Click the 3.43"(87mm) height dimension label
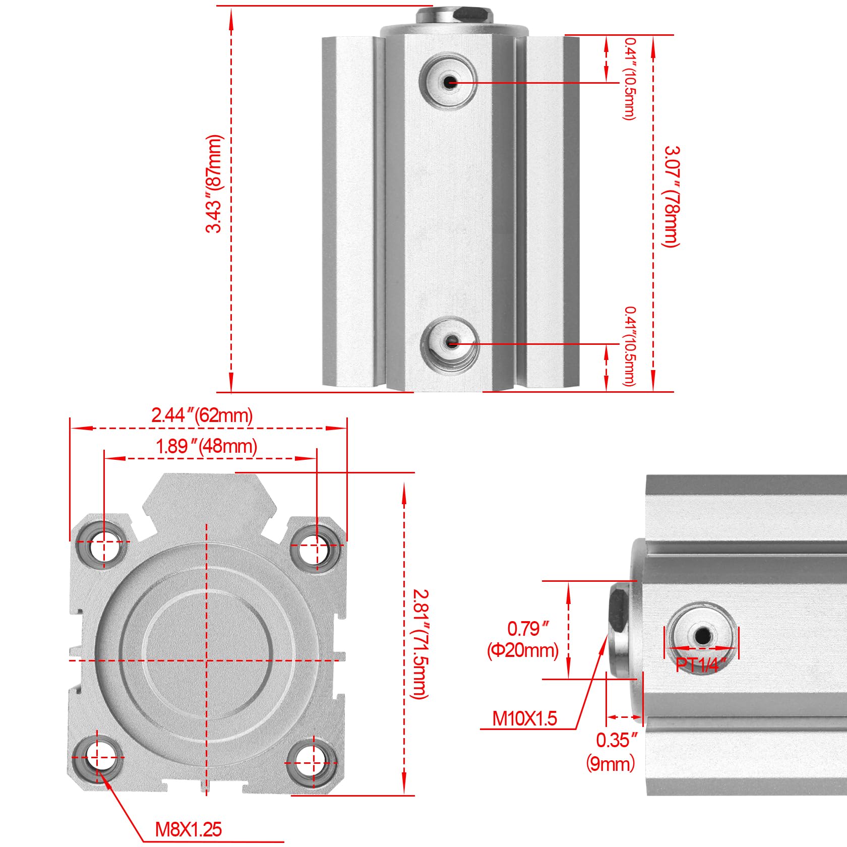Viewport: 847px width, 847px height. [214, 184]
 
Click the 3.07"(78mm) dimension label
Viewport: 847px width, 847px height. [672, 197]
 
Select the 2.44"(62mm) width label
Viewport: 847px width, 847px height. [202, 415]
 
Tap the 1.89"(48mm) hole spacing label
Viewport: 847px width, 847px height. [207, 446]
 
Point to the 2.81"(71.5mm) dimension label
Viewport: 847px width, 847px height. [420, 644]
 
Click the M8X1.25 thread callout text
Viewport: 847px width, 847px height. [189, 829]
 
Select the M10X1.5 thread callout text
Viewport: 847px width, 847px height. [524, 718]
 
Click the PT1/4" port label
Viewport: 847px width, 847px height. [701, 665]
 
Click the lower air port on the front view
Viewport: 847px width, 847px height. [450, 343]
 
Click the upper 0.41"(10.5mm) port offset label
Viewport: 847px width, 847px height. [630, 79]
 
